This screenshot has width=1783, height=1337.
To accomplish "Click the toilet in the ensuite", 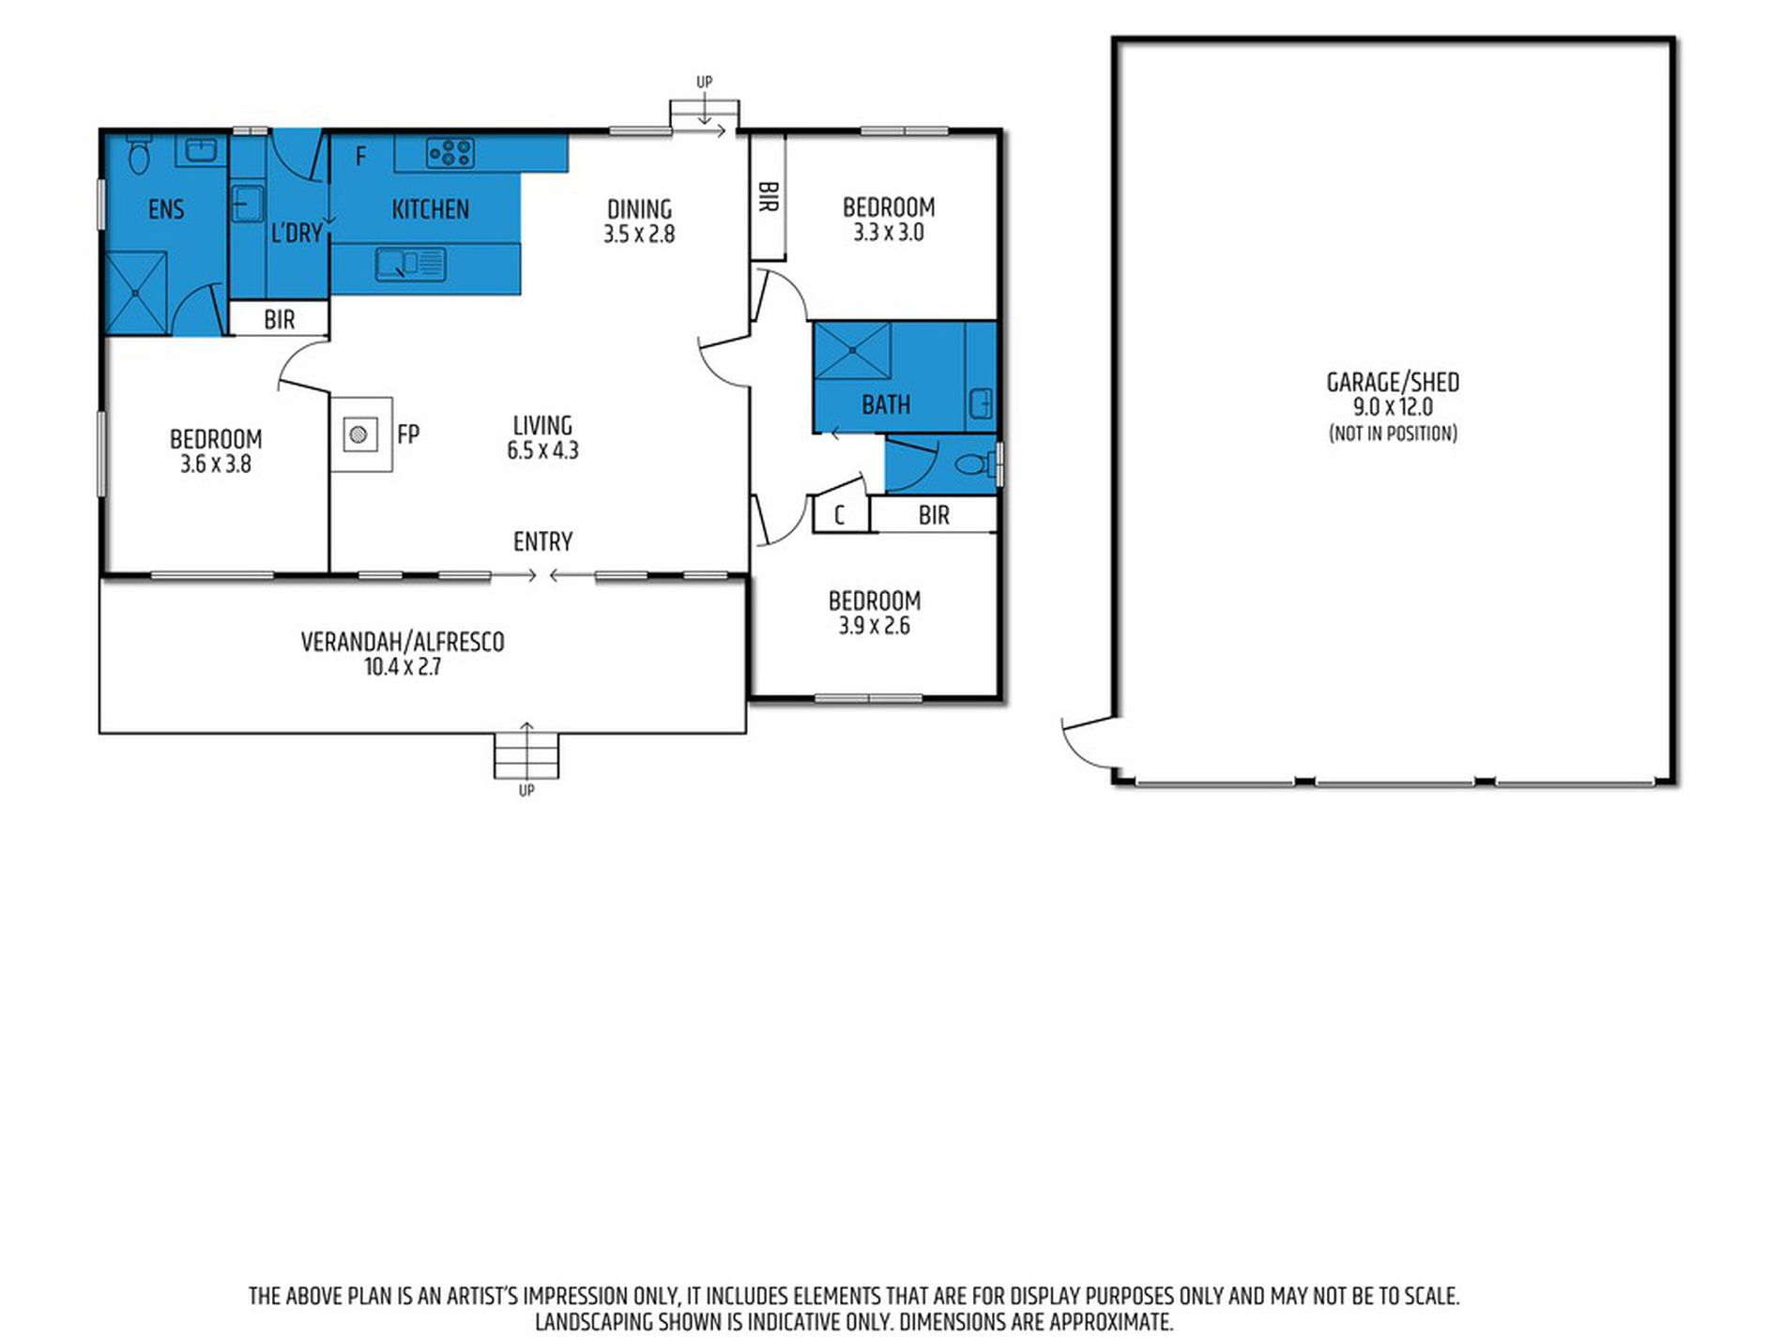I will coord(139,155).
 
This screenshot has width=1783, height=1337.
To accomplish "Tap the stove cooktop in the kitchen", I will coord(450,152).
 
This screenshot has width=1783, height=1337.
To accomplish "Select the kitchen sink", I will coord(411,264).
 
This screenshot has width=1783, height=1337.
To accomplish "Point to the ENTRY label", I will coord(542,541).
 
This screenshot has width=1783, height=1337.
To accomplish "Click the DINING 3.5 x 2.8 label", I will coord(639,221).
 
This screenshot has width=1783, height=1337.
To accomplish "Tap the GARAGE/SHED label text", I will coord(1393,382).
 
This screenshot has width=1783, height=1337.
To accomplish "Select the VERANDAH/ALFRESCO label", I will coord(403,642).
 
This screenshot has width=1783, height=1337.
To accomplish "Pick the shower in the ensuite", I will coord(136,293).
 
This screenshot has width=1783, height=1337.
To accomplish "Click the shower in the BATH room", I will coord(852,350).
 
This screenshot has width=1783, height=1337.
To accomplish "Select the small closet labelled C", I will coord(840,515).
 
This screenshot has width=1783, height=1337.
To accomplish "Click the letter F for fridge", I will coord(360,157).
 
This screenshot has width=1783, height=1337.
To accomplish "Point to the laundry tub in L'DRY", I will coord(246,204).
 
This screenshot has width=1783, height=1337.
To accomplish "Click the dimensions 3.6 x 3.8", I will coord(216,463).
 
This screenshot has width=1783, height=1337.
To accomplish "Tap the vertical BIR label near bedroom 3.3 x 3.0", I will coord(768,197).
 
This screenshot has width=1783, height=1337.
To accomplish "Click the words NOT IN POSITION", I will coord(1393,433).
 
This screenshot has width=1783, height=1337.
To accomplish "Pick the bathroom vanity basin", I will coord(982,403).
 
